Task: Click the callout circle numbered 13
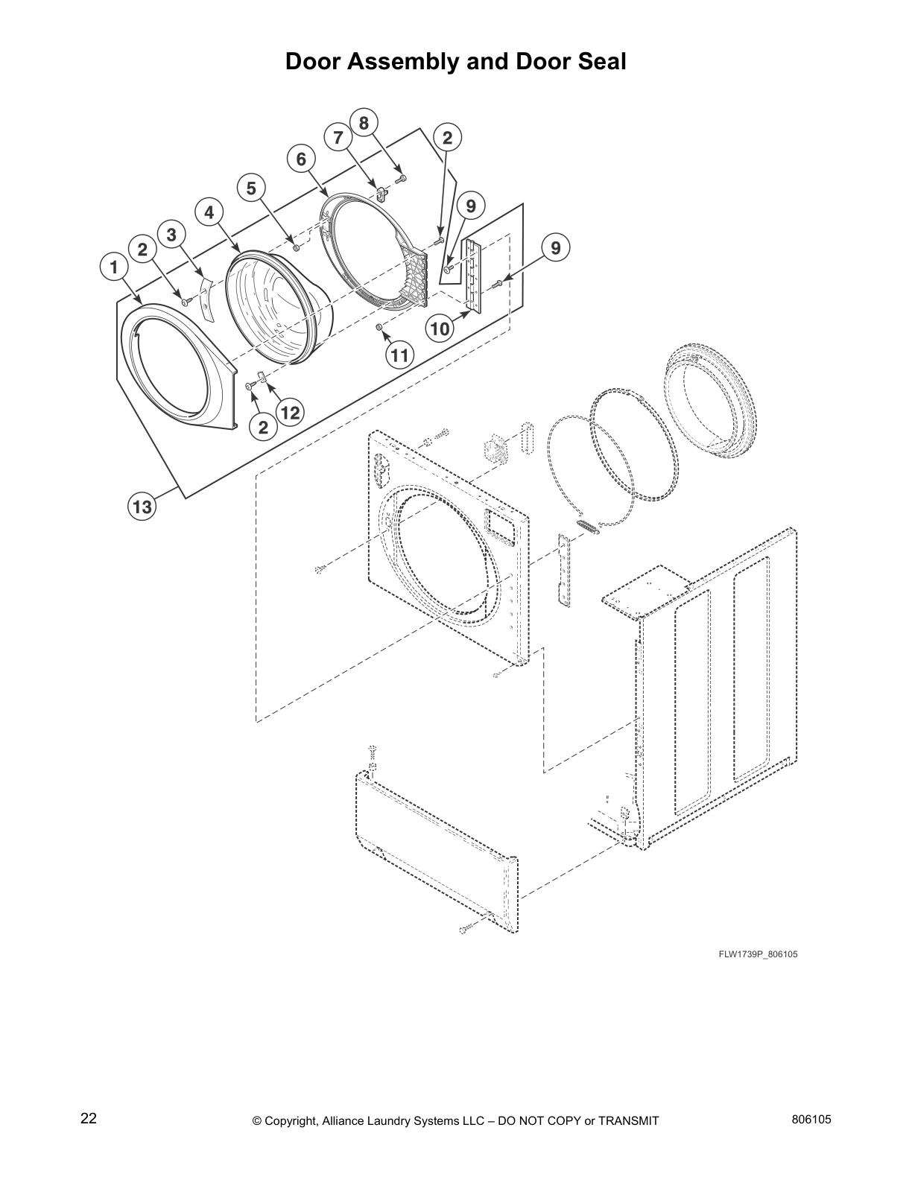coord(142,507)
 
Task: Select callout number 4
coord(209,212)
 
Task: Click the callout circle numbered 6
coord(301,159)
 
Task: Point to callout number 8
coord(364,122)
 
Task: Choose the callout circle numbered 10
coord(440,327)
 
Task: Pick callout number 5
coord(251,188)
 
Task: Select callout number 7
coord(338,138)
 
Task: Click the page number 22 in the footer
coord(89,1118)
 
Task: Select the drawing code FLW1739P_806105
coord(758,954)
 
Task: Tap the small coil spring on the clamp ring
coord(587,527)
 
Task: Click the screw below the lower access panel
coord(465,928)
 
